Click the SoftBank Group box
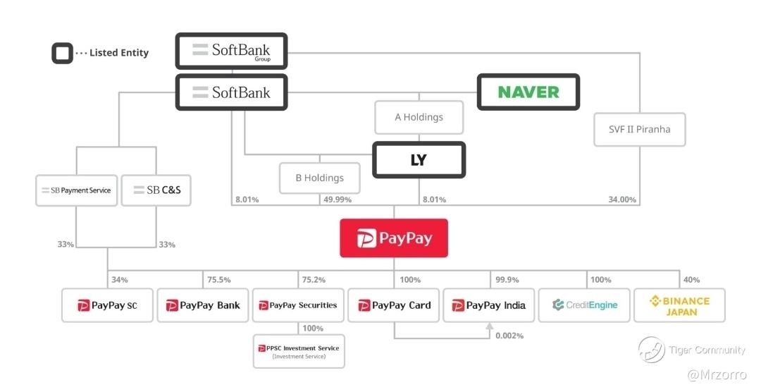[231, 51]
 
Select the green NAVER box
[528, 92]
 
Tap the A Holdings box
[419, 117]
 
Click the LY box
[419, 160]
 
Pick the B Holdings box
[319, 178]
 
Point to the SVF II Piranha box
[639, 129]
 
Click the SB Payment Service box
[76, 190]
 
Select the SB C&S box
[156, 190]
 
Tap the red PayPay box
[394, 238]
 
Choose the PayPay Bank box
[203, 305]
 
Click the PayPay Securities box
[298, 305]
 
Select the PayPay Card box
[394, 305]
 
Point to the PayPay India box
[489, 305]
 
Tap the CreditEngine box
[585, 305]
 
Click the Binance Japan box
[680, 305]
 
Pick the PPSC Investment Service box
[299, 351]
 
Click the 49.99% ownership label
[338, 200]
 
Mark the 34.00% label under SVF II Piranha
[622, 200]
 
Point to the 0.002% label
[509, 336]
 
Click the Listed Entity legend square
[62, 53]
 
